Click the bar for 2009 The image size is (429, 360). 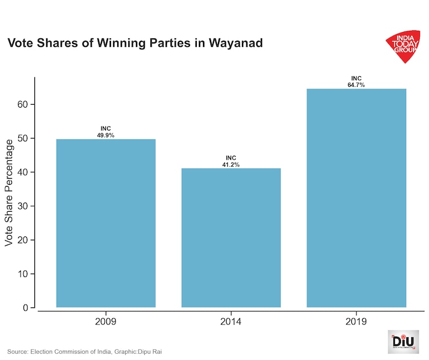tap(106, 223)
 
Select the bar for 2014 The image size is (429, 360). tap(231, 238)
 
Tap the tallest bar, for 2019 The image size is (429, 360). tap(356, 198)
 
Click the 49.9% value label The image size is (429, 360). tap(106, 135)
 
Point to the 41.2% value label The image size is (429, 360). tap(231, 165)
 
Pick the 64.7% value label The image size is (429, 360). tap(356, 85)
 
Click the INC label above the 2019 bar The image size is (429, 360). tap(356, 78)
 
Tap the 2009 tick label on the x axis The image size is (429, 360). tap(106, 322)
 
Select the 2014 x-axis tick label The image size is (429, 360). tap(231, 322)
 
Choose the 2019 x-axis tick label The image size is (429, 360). tap(356, 322)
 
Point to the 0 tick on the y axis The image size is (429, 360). tap(25, 308)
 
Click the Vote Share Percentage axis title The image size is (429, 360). tap(9, 192)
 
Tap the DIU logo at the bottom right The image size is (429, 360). tap(403, 341)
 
